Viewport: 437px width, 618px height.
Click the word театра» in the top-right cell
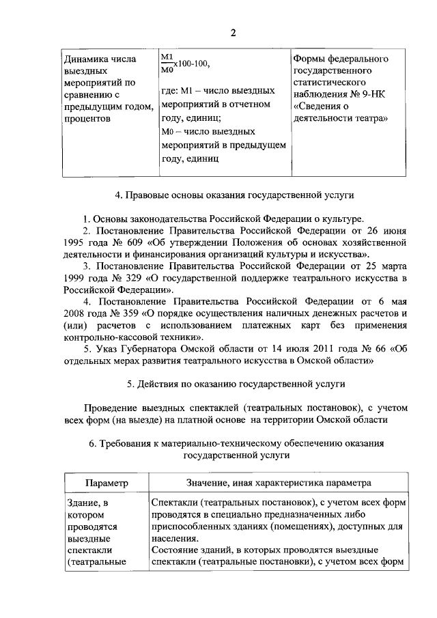tap(371, 118)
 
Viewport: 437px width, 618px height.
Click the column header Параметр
tap(107, 483)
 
